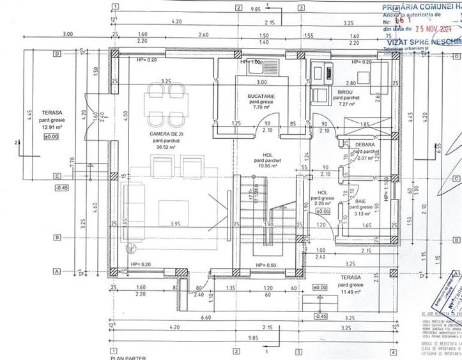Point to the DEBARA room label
pos(366,145)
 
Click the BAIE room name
pos(361,201)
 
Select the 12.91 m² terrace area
pos(49,125)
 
